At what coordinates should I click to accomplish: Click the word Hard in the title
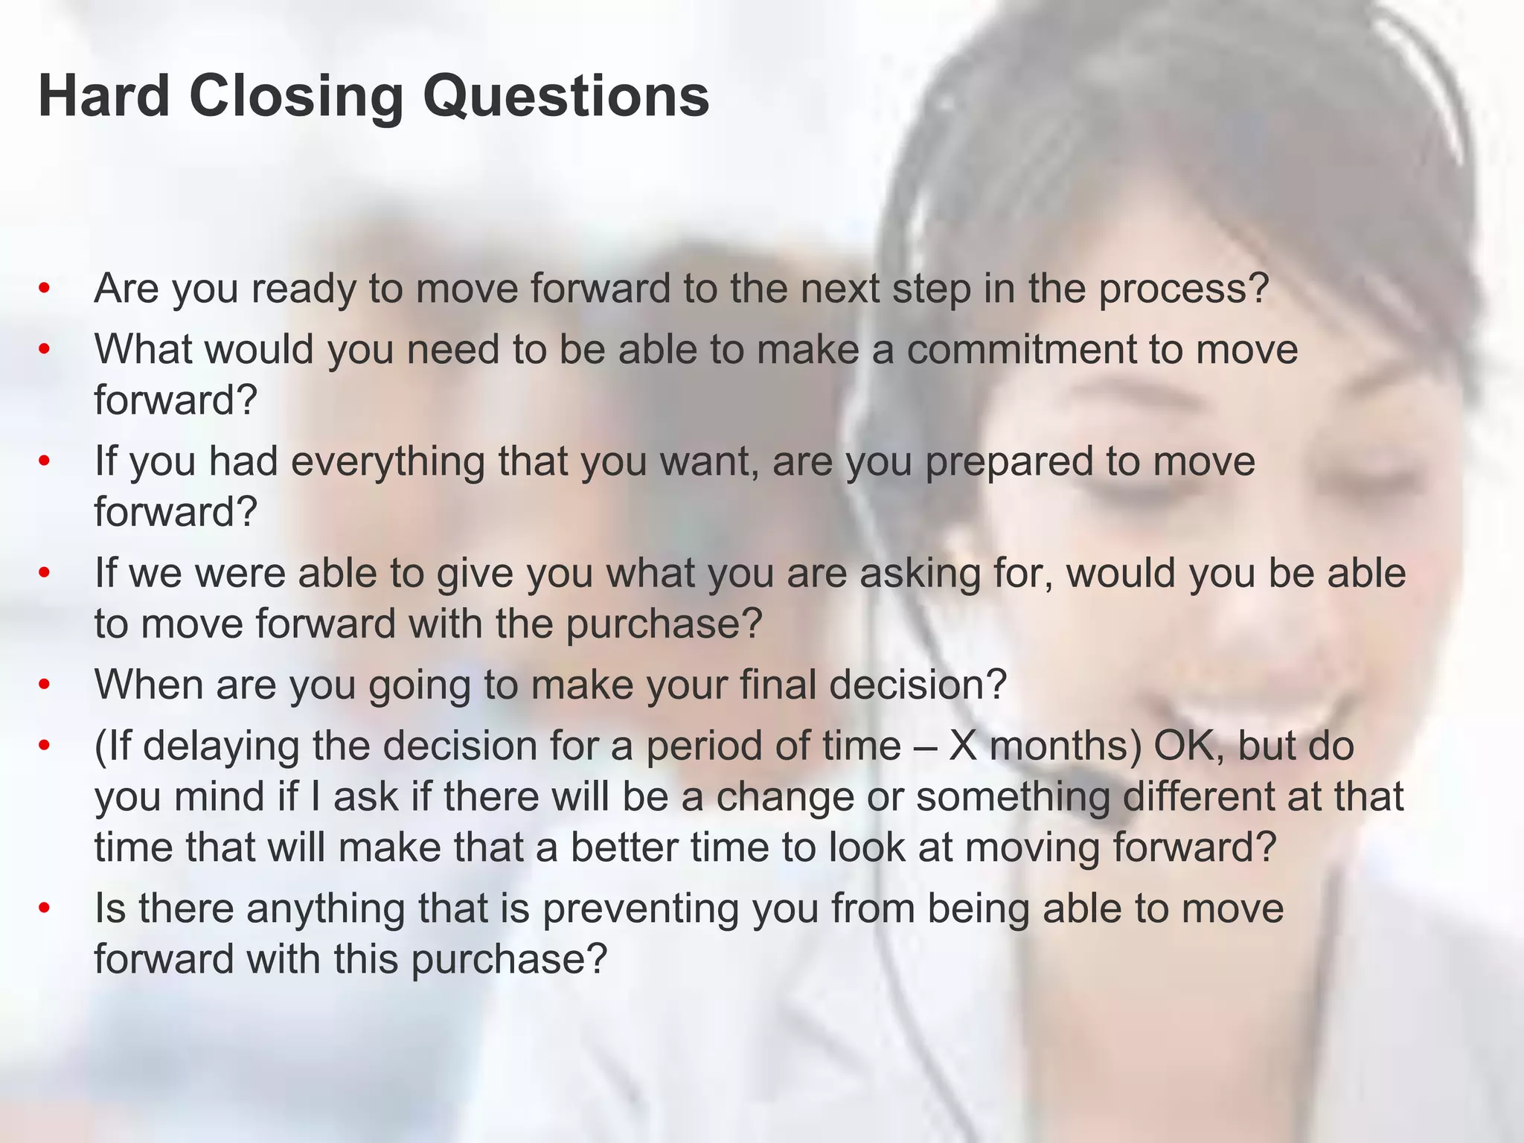pyautogui.click(x=104, y=96)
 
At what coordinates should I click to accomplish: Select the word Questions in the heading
pyautogui.click(x=566, y=97)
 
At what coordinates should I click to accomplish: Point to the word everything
pyautogui.click(x=388, y=462)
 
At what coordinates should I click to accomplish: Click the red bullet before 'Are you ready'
pyautogui.click(x=45, y=288)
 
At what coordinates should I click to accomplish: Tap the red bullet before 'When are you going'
pyautogui.click(x=45, y=684)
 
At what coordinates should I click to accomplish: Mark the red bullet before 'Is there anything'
pyautogui.click(x=45, y=908)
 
